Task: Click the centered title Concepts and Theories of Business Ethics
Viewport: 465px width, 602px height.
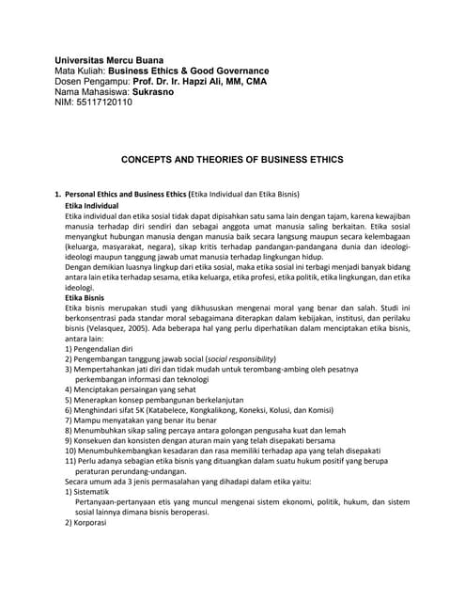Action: pos(232,161)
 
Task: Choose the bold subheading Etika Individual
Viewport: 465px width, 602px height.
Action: pos(92,205)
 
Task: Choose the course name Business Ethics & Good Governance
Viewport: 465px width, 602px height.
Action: pos(189,71)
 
